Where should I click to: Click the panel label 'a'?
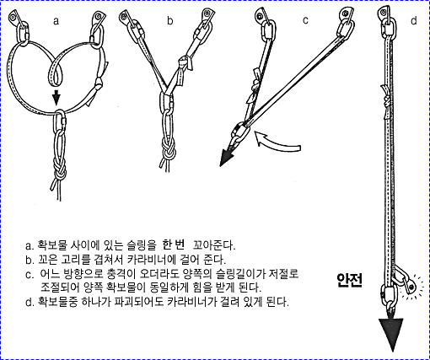(x=56, y=21)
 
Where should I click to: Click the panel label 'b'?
(x=170, y=20)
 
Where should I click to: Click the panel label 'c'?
(x=305, y=20)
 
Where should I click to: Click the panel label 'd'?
(x=413, y=20)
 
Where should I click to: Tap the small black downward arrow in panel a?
(x=56, y=97)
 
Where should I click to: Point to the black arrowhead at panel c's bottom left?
(x=226, y=158)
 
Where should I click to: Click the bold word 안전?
(x=350, y=280)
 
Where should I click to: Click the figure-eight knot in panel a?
(x=60, y=170)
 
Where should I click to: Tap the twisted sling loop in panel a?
(x=56, y=71)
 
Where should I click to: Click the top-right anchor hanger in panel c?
(x=347, y=14)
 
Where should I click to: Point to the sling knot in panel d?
(x=386, y=99)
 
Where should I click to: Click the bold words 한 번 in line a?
(x=174, y=244)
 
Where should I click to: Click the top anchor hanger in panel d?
(x=384, y=13)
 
